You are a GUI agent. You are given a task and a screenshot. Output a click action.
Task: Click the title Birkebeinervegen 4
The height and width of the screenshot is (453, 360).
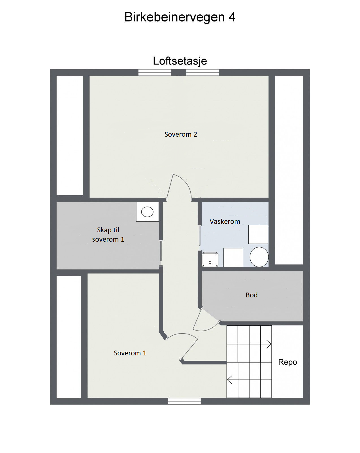point(180,17)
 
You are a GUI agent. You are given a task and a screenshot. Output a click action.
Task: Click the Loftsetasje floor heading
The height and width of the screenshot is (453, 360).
point(180,61)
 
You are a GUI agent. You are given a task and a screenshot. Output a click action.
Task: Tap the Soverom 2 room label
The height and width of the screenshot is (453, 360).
point(181,134)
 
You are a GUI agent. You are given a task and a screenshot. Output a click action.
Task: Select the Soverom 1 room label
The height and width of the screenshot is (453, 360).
point(130,353)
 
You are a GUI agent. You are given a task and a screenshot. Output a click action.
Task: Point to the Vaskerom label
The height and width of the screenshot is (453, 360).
point(225,222)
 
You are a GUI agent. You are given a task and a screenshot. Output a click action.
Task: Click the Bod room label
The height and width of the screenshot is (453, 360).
point(252,295)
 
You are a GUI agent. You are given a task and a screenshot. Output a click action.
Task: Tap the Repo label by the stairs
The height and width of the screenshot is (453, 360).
point(287,362)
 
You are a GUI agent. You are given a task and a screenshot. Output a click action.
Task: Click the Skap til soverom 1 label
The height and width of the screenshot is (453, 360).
point(108,235)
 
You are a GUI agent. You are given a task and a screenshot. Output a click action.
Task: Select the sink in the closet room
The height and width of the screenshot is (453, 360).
point(147,212)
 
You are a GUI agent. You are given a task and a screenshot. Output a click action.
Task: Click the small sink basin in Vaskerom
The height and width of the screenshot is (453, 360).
point(210,259)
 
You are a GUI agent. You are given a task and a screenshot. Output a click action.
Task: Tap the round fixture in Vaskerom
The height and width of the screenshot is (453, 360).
point(259,257)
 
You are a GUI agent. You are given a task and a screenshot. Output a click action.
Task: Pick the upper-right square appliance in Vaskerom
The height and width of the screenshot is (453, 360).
point(258,234)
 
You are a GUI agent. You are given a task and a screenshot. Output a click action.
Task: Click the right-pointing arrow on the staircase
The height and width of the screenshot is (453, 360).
point(268,344)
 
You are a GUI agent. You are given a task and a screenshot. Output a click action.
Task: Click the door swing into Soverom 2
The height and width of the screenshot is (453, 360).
point(180,187)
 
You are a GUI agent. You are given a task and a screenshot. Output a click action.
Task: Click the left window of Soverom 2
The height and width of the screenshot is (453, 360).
point(155,73)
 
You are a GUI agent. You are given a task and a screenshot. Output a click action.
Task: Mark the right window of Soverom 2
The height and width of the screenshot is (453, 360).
point(202,73)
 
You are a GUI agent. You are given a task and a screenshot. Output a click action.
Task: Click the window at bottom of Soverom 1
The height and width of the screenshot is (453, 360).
point(184,401)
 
